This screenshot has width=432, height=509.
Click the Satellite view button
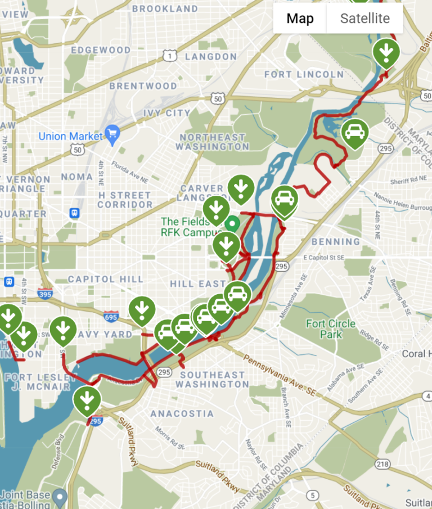(364, 19)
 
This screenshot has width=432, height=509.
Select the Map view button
(300, 19)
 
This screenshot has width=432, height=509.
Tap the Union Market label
(70, 136)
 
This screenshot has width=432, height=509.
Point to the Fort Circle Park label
(331, 329)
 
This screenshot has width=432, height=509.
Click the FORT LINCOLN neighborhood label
(304, 74)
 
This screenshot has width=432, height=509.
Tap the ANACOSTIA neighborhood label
(182, 413)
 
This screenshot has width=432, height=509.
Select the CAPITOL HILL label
(106, 279)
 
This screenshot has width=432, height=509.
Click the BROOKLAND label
(165, 8)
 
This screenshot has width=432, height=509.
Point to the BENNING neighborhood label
(335, 241)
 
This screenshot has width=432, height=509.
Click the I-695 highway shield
(111, 318)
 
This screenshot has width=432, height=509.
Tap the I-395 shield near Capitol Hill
(46, 294)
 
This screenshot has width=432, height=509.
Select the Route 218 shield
(383, 464)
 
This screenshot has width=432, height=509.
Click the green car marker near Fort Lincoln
(355, 133)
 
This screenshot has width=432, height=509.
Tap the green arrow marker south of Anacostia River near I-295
(87, 400)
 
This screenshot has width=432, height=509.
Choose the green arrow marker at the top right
(386, 52)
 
